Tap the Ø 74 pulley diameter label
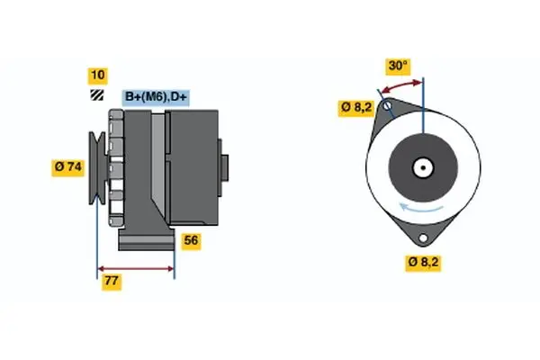pos(68,166)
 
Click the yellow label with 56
pos(191,240)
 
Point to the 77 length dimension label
pos(111,282)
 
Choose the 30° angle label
pos(398,65)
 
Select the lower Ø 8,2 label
pos(423,263)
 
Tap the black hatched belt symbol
pos(96,95)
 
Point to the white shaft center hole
pos(422,166)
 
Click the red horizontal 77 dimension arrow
pos(135,267)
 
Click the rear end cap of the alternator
pos(225,166)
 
